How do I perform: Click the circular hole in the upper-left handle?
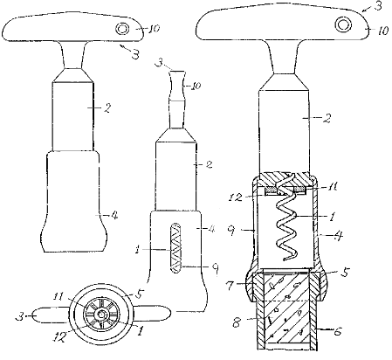(x=122, y=29)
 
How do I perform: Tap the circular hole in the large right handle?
(x=343, y=24)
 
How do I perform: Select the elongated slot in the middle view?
(x=175, y=248)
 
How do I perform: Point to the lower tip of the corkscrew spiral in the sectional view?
(x=285, y=260)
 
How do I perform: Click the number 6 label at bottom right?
(x=337, y=332)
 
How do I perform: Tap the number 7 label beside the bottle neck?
(x=230, y=286)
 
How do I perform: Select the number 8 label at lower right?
(x=237, y=322)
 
